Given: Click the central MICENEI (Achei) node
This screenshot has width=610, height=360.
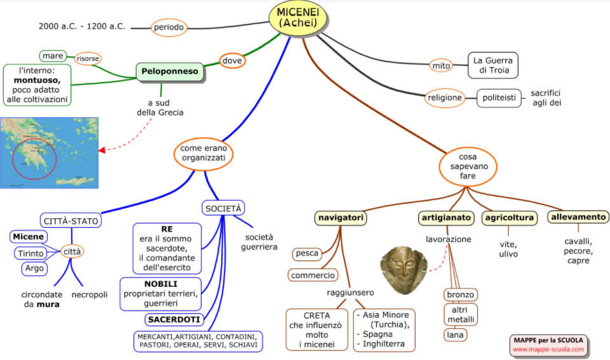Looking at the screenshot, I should coord(297,17).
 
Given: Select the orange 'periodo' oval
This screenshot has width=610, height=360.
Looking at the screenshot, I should coord(168,27).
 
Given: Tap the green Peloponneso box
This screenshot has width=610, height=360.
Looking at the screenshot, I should coord(170,71).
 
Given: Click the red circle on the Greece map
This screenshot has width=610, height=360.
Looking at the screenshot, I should coord(34,157).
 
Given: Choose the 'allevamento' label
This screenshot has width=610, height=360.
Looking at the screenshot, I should coord(578,217).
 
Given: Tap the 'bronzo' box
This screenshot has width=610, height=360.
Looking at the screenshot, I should coord(461,295).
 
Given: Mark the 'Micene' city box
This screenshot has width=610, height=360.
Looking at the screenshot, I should coord(29,237).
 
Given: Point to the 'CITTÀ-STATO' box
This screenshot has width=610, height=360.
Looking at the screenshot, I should coord(71,221).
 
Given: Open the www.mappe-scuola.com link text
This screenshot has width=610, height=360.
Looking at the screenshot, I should coord(548,349).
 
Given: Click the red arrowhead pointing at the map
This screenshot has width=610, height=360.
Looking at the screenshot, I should coord(102,150).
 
